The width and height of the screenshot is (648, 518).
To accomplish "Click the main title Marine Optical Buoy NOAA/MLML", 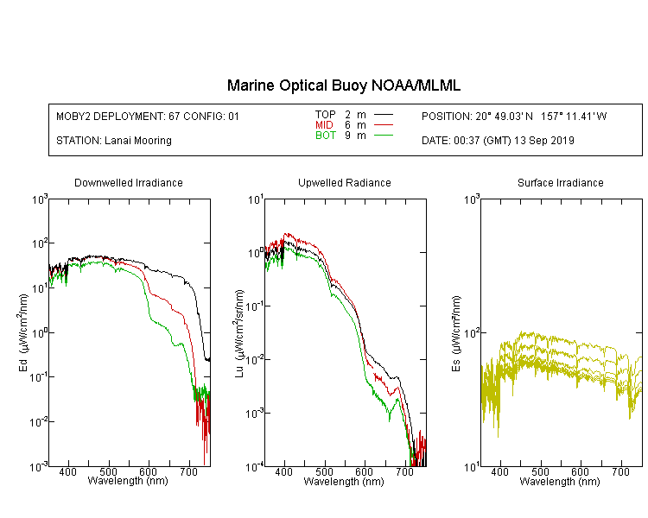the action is pos(343,85).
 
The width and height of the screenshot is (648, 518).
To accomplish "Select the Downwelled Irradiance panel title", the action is pos(129,182).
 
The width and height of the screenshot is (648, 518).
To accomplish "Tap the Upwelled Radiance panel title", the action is pos(345,182).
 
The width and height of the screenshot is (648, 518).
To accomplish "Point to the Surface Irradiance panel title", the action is pos(561,182).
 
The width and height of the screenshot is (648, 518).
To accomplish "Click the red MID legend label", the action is pos(324,124).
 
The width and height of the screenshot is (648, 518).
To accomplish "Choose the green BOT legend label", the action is pos(326,136).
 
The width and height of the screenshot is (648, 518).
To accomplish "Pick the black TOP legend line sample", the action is pos(383,114).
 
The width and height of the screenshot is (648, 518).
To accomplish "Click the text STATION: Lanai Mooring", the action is pos(114,141).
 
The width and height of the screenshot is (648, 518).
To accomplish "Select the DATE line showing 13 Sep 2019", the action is pos(498,141).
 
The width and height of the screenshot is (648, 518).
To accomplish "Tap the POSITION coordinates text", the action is pos(514,117).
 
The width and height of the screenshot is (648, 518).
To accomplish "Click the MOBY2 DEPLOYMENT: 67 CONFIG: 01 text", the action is pos(148,117).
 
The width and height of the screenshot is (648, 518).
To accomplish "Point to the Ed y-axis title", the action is pos(23,333).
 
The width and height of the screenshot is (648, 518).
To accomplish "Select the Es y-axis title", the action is pos(455,334).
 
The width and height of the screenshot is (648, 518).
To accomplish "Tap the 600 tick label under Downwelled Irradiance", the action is pos(149,471).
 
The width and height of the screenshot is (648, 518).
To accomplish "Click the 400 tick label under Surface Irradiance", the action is pos(499,471).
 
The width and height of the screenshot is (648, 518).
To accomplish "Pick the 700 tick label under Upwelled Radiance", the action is pos(404,471).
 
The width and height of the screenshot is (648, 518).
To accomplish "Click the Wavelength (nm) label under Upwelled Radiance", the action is pos(344,482).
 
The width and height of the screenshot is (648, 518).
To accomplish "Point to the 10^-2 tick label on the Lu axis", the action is pos(254,359).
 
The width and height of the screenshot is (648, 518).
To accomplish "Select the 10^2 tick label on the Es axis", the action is pos(471,332).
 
